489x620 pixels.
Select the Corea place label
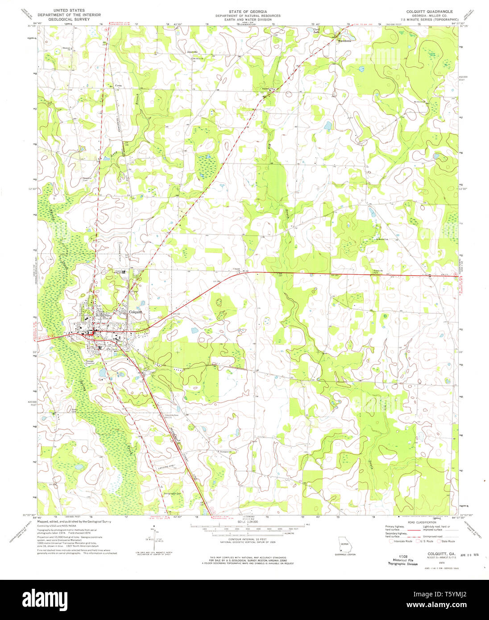tap(118, 85)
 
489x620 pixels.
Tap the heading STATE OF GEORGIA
tap(248, 11)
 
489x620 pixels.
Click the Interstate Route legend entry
tap(402, 541)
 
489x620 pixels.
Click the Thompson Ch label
tap(227, 451)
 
